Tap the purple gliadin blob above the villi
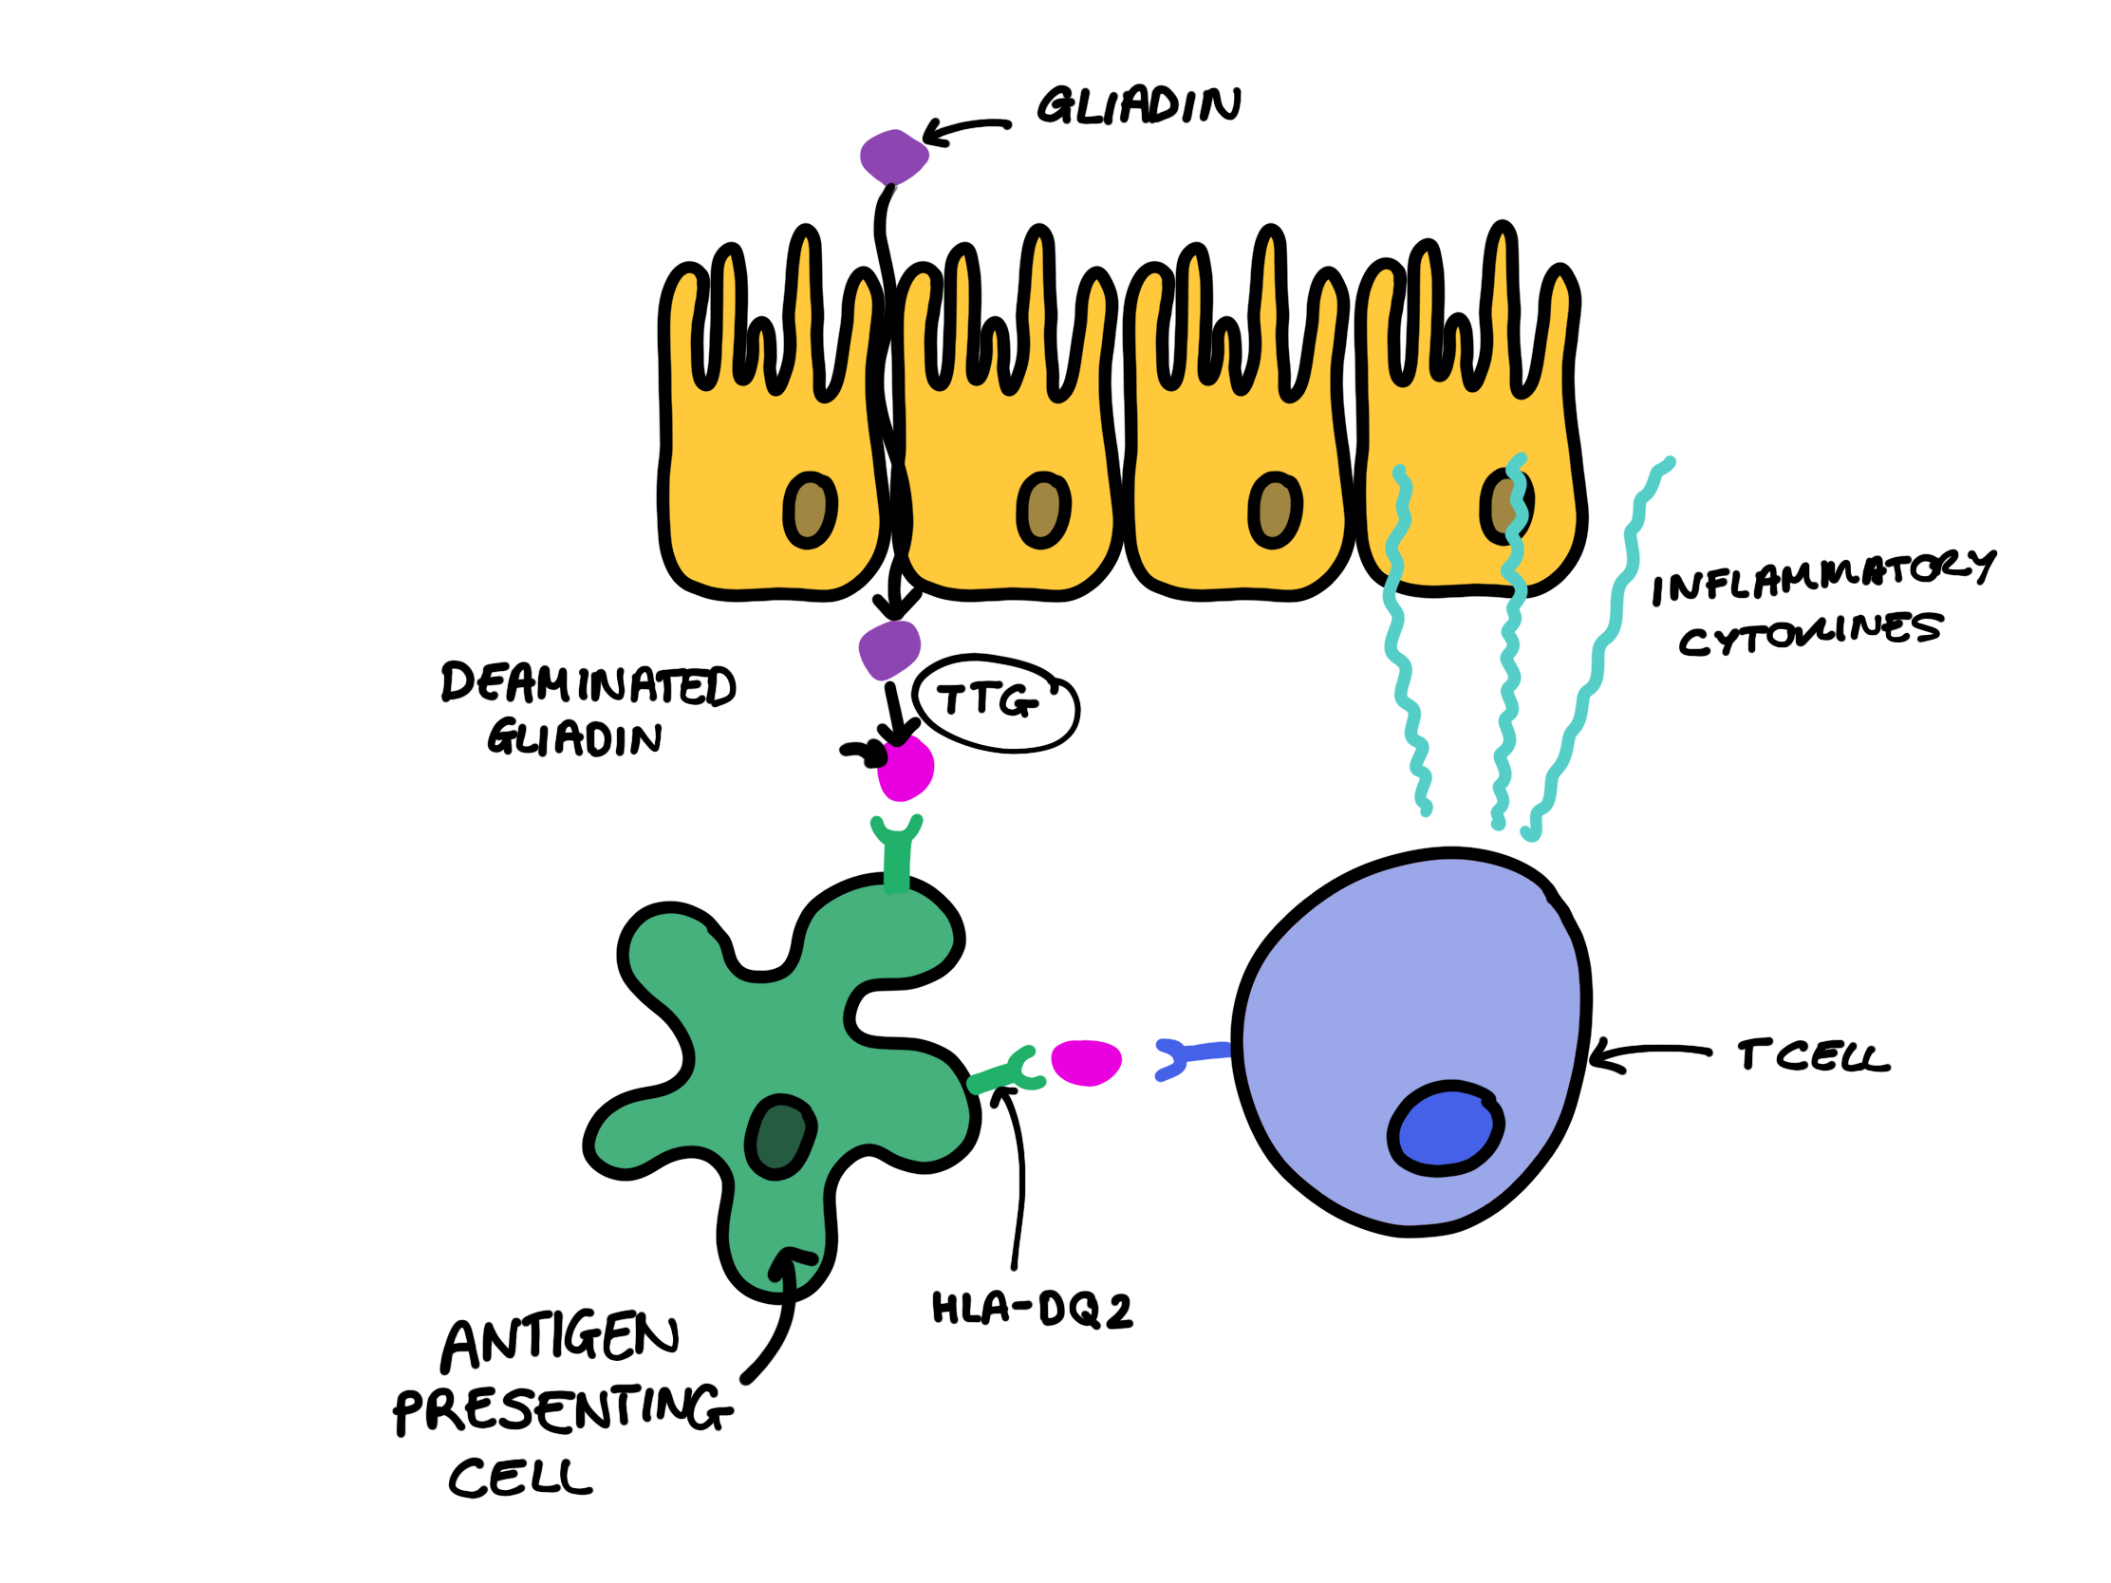[x=893, y=157]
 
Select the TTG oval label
[x=995, y=703]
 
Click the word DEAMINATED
[x=588, y=684]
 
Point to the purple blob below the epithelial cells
[x=888, y=649]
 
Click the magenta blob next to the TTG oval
[x=906, y=767]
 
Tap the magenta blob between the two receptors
[x=1086, y=1062]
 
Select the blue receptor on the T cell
[x=1189, y=1058]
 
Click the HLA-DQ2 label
[x=1032, y=1309]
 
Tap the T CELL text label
[x=1812, y=1056]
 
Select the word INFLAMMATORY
[x=1822, y=576]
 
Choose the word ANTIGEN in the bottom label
[x=560, y=1340]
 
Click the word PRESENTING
[x=563, y=1408]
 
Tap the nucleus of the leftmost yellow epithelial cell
[x=810, y=511]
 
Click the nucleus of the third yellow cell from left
[x=1275, y=511]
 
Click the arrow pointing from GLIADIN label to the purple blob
[x=965, y=129]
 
